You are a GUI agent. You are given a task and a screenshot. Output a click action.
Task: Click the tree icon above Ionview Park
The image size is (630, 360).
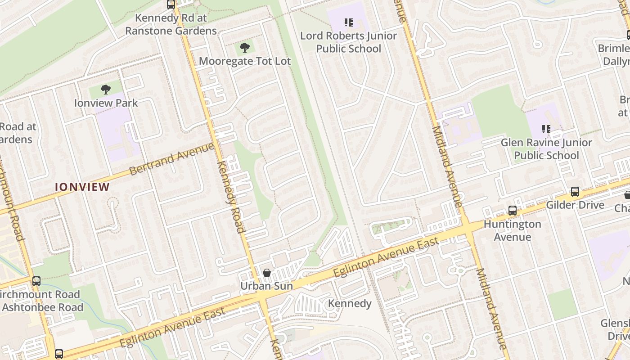[x=106, y=90]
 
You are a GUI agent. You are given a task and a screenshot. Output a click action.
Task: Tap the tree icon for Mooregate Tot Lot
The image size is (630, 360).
[x=245, y=48]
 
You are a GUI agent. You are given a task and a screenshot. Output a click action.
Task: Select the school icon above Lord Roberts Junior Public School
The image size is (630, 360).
[x=348, y=22]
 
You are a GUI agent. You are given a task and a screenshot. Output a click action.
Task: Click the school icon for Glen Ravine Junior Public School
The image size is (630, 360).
[x=546, y=129]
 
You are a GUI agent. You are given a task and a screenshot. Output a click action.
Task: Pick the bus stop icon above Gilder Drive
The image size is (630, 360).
[x=575, y=192]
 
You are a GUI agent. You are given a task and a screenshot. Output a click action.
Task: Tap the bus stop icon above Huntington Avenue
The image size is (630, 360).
[x=512, y=210]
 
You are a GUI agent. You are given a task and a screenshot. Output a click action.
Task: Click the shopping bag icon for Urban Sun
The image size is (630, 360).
[x=266, y=273]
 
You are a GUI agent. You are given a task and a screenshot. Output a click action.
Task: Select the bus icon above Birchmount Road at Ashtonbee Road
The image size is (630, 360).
[x=36, y=281]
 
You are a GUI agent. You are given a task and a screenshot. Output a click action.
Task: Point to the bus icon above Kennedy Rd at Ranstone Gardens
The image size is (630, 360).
[x=171, y=5]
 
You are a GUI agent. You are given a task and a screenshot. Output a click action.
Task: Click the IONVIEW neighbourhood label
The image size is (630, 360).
[x=82, y=187]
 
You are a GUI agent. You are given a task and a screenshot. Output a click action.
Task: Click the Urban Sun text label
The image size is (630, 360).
[x=266, y=286]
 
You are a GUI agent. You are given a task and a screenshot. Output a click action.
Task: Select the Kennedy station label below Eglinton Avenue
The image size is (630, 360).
[x=350, y=303]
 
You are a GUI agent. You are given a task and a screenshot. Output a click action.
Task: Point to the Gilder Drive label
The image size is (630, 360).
[x=575, y=205]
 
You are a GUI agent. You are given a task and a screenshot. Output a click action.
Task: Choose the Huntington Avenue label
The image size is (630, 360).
[x=512, y=230]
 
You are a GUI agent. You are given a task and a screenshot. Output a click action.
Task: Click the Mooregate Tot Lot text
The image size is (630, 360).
[x=245, y=61]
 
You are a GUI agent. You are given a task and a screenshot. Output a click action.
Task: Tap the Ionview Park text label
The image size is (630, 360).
[x=106, y=103]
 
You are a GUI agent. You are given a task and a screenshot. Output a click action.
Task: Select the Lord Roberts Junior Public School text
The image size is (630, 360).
[x=348, y=42]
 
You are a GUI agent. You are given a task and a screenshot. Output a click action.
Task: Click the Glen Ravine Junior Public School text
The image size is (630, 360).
[x=546, y=149]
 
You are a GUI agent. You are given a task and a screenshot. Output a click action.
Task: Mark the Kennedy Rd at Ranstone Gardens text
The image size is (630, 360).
[x=171, y=25]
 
